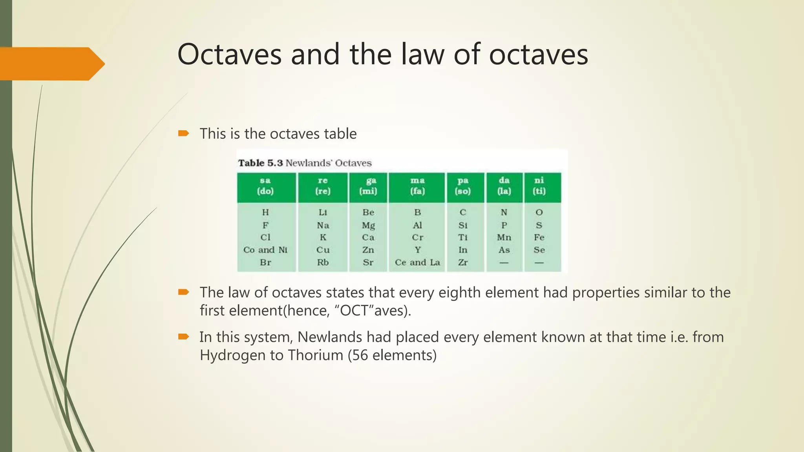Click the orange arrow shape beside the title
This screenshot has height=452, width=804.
coord(51,64)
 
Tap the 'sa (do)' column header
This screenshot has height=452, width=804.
coord(265,186)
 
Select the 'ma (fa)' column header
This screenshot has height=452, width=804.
coord(417,186)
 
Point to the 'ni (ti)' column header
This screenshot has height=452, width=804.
coord(539,186)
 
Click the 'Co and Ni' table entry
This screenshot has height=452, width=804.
coord(265,250)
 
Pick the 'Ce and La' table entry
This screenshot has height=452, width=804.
coord(417,262)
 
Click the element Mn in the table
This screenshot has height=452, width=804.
coord(504,237)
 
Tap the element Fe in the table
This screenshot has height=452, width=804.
coord(539,237)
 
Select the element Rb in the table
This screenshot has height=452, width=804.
coord(323,262)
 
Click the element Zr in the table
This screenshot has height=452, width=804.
coord(463,262)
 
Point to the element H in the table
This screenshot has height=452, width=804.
coord(265,212)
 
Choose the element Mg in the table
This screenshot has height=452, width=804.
coord(368,225)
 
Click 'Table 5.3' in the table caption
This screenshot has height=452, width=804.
coord(260,163)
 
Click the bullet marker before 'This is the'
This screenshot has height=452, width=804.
coord(183,134)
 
